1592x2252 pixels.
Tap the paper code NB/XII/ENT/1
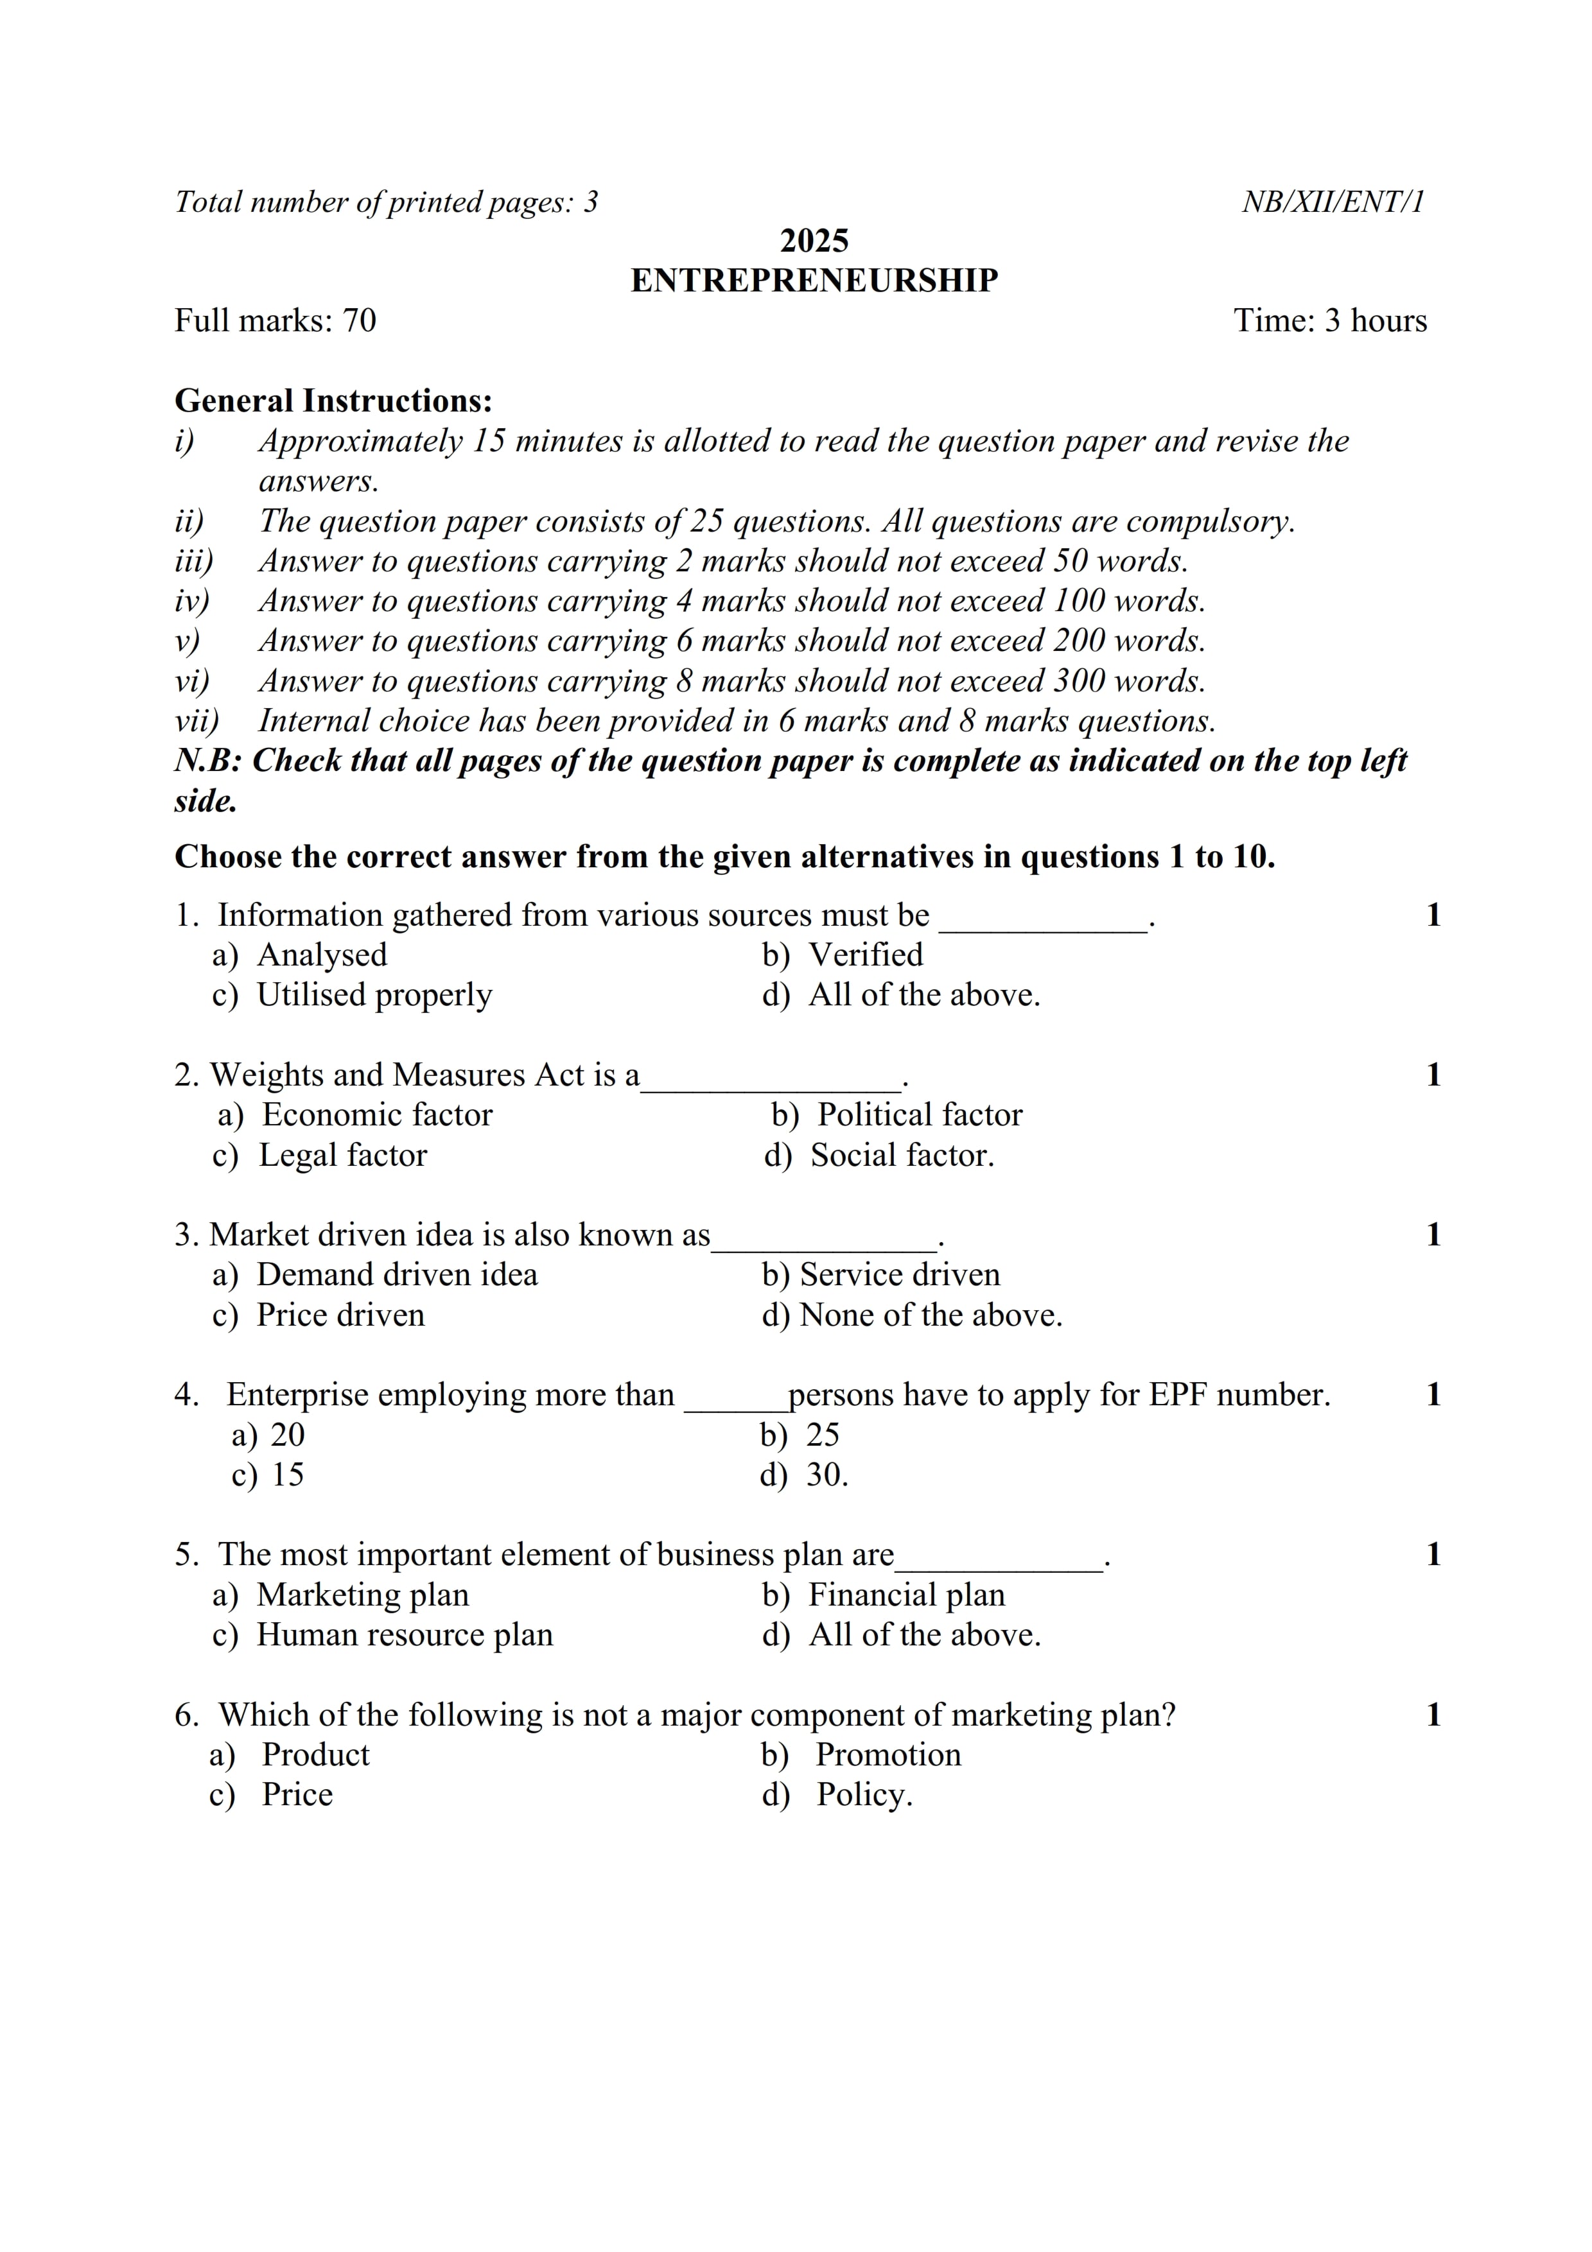1332,202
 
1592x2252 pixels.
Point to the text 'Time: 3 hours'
1329,321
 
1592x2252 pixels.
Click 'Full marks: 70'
275,321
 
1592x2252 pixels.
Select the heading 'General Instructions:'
333,401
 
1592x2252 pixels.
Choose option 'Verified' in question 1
865,955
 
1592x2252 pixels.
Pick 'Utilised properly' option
374,994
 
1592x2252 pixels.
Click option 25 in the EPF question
822,1435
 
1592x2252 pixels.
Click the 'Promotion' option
888,1754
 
